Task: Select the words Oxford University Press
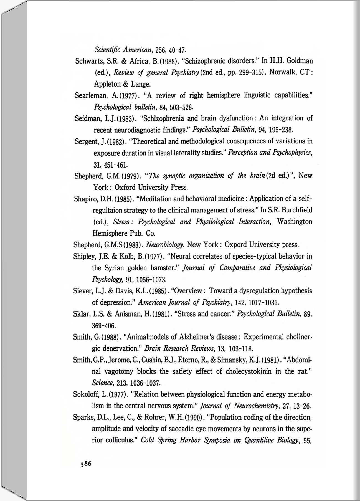point(151,188)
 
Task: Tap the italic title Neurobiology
point(165,245)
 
